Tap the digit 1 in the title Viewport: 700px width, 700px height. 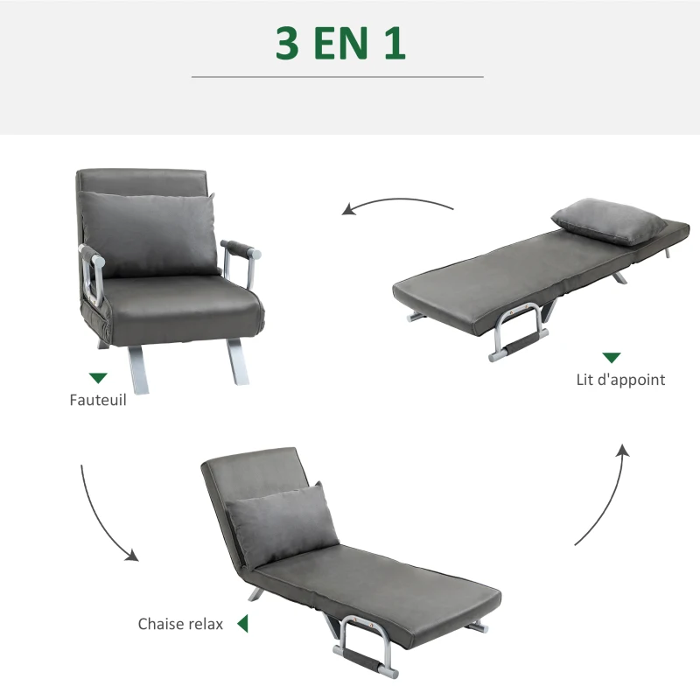(394, 44)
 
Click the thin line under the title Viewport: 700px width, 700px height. (337, 77)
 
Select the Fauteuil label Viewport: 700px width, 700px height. (98, 401)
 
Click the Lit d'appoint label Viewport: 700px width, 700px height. (620, 380)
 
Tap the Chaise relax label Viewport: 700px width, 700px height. (180, 624)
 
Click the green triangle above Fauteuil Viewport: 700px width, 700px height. (98, 378)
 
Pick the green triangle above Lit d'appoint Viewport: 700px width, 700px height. (611, 357)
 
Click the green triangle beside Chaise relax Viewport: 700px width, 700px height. (242, 624)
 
